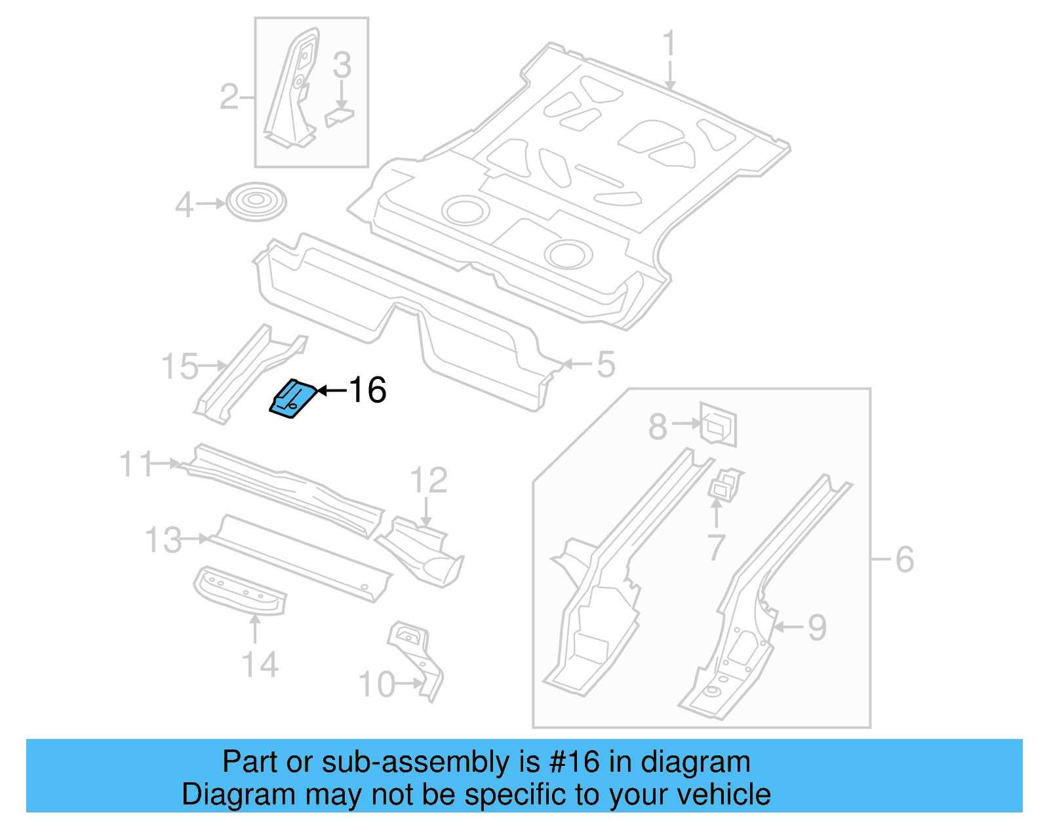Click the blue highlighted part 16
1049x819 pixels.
292,399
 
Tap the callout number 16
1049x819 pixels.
367,391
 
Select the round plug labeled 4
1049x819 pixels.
256,201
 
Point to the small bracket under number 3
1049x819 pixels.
339,118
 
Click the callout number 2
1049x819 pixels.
229,97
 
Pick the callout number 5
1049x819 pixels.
606,365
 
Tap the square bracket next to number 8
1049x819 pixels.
719,424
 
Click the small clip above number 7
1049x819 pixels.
725,485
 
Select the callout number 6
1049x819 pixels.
904,559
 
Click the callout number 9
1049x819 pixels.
817,628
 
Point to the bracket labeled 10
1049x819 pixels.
417,658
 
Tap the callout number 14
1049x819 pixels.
260,664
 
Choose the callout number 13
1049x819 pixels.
163,540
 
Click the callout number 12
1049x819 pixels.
429,481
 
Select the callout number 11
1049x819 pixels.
136,464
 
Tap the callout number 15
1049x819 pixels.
179,366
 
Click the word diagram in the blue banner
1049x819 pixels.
695,762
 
